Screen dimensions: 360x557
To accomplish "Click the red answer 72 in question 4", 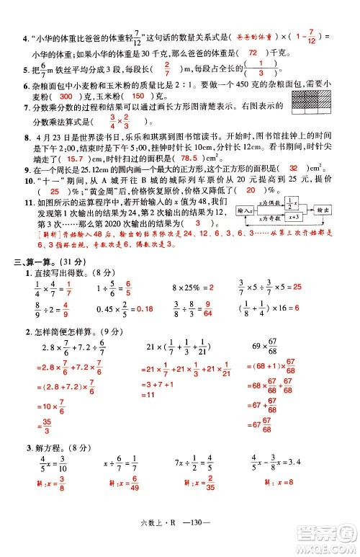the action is tap(252, 53).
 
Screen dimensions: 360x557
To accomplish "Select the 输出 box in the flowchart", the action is tap(322, 210).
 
